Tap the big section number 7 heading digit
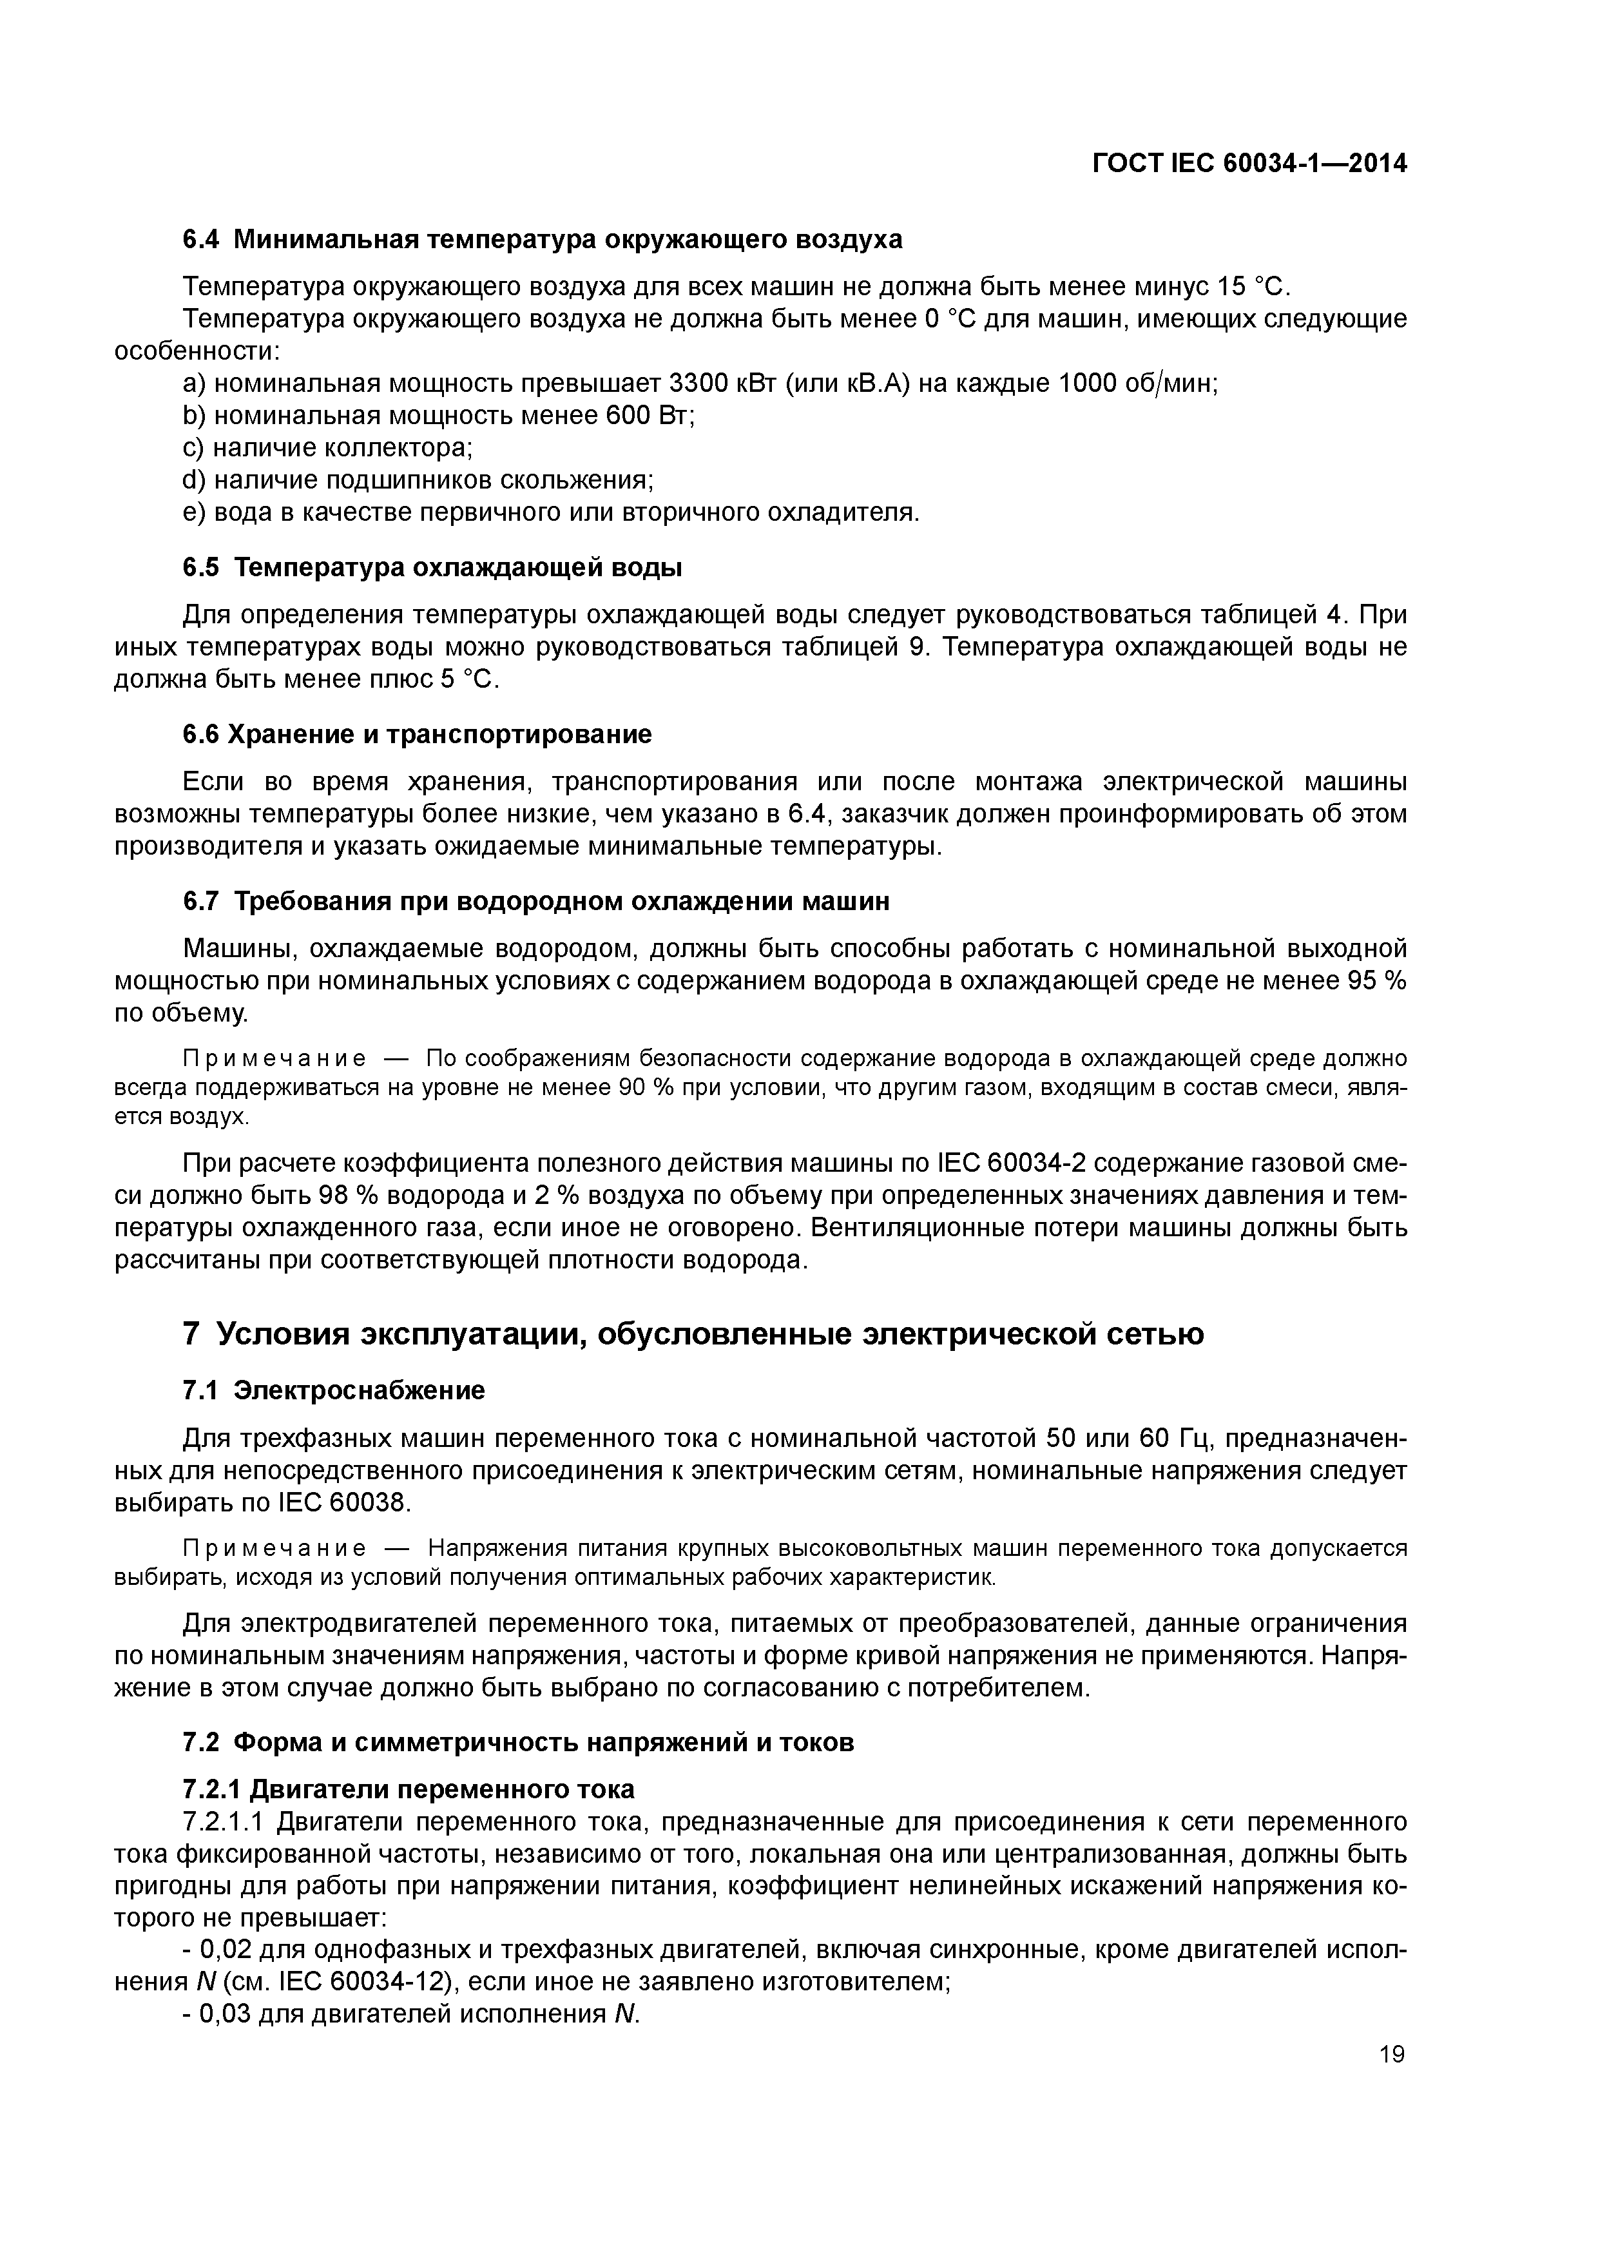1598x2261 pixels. (x=192, y=1334)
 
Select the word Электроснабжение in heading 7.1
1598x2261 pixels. (x=360, y=1390)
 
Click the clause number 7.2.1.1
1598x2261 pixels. (x=222, y=1822)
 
